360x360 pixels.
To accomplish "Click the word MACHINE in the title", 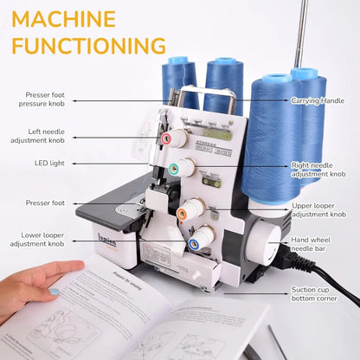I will [x=64, y=18].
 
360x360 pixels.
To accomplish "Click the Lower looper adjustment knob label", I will [x=41, y=240].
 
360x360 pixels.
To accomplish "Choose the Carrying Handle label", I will [x=318, y=100].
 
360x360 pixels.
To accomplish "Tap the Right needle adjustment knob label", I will [x=318, y=169].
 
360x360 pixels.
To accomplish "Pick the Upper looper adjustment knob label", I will [x=318, y=209].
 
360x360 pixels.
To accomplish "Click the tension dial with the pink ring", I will [x=176, y=136].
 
